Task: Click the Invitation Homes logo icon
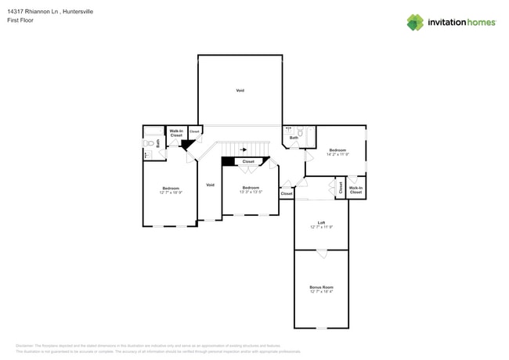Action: [x=415, y=23]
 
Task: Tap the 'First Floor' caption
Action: [x=20, y=20]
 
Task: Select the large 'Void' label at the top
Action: [x=240, y=91]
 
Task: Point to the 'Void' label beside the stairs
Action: [x=210, y=185]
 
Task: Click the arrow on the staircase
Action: [x=244, y=149]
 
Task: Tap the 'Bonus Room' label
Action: [x=321, y=287]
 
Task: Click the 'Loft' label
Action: [x=321, y=222]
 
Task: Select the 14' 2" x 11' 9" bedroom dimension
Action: [x=338, y=154]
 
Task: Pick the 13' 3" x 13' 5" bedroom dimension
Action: [x=251, y=192]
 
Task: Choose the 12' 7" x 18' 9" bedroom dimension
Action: [x=171, y=193]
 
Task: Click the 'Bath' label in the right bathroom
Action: [x=294, y=139]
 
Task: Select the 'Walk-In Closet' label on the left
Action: [x=176, y=133]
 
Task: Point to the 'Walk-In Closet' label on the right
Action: [x=356, y=189]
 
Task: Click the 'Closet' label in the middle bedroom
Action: [x=248, y=161]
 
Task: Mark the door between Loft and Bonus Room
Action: [x=321, y=253]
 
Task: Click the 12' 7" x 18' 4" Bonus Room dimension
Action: [x=321, y=292]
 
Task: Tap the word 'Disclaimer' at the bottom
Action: [x=28, y=345]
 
